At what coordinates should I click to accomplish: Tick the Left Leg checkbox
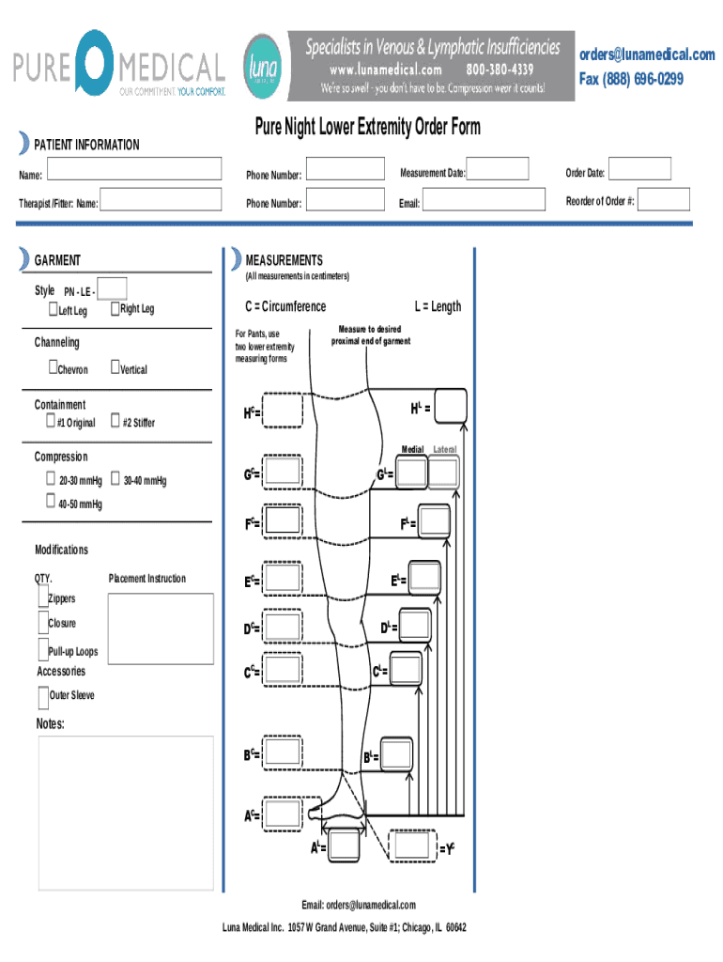pyautogui.click(x=53, y=309)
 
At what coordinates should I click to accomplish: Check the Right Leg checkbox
pyautogui.click(x=115, y=309)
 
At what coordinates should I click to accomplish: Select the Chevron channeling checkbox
pyautogui.click(x=53, y=368)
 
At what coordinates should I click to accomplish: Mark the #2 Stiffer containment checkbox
pyautogui.click(x=115, y=421)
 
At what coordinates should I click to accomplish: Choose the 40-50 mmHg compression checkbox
pyautogui.click(x=51, y=504)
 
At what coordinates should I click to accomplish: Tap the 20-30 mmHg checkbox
pyautogui.click(x=51, y=479)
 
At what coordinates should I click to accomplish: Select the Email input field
pyautogui.click(x=485, y=200)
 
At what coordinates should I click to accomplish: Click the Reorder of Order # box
pyautogui.click(x=666, y=199)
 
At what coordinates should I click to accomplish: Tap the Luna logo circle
pyautogui.click(x=263, y=66)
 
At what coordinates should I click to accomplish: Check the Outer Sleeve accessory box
pyautogui.click(x=43, y=696)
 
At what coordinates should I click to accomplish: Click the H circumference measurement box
pyautogui.click(x=283, y=411)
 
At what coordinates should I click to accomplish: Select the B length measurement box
pyautogui.click(x=395, y=754)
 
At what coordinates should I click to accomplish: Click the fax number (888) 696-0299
pyautogui.click(x=630, y=79)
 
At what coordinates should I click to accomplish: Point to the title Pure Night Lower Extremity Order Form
pyautogui.click(x=367, y=127)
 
